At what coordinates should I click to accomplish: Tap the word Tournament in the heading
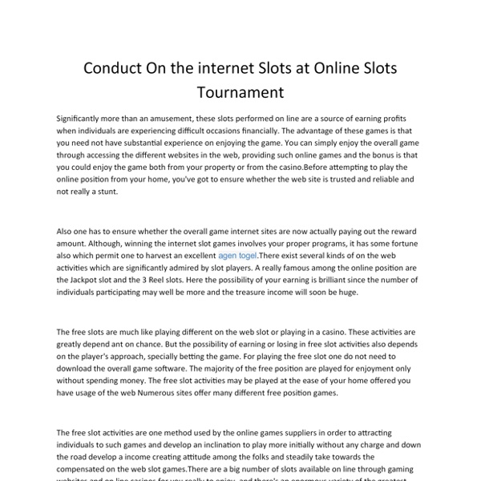tap(240, 93)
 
